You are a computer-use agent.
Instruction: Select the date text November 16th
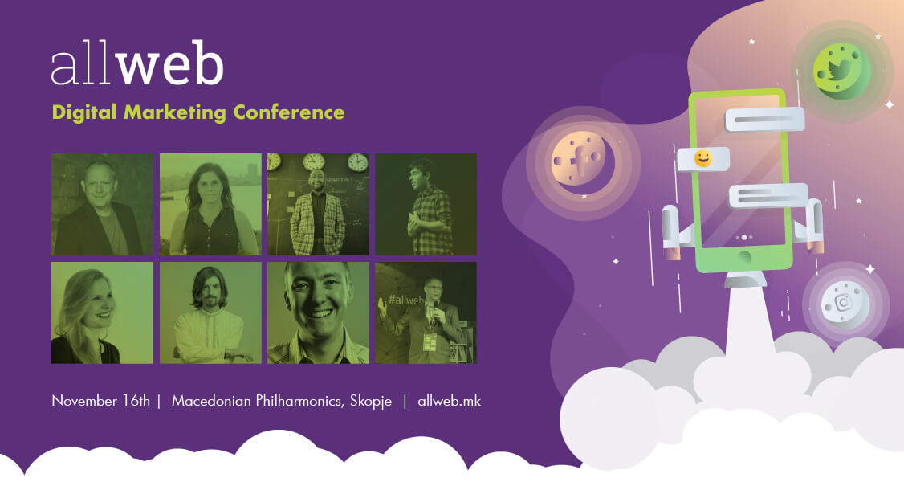(101, 401)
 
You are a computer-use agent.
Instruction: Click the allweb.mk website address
(449, 401)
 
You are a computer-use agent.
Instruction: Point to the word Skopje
(371, 402)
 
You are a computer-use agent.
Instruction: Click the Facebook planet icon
(583, 161)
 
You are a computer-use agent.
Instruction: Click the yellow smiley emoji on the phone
(702, 158)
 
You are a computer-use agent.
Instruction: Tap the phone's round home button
(744, 256)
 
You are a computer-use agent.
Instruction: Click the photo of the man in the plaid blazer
(318, 204)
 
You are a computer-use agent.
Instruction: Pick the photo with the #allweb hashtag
(426, 313)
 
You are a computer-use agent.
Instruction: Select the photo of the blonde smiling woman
(102, 313)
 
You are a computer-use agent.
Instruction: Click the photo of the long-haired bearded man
(210, 313)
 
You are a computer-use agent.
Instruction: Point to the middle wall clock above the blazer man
(314, 161)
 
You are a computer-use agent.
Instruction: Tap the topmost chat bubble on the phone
(764, 120)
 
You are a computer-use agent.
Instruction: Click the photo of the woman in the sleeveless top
(210, 204)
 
